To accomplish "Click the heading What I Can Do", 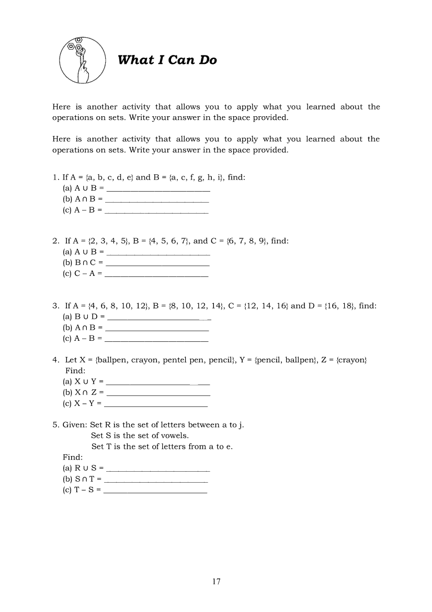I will (x=167, y=60).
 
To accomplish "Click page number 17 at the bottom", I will (x=217, y=581).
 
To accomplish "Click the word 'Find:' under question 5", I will (x=73, y=457).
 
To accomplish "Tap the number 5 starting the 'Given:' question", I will (x=54, y=425).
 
